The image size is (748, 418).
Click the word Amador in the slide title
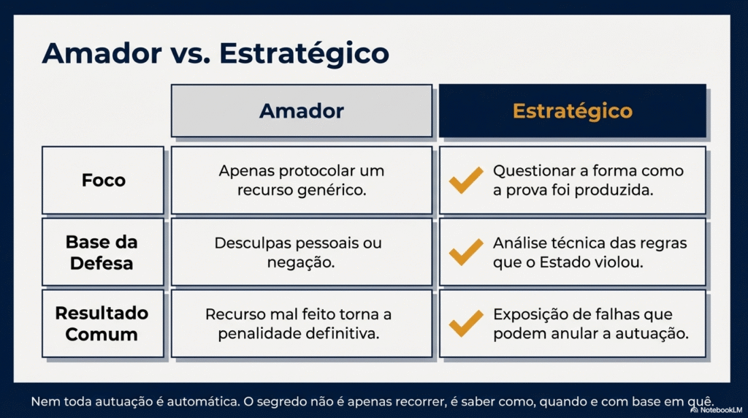102,53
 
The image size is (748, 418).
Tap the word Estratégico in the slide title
305,53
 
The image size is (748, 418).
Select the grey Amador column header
302,110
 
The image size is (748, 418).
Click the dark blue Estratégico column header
573,110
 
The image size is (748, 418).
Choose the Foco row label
103,180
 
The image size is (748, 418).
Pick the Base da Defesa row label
103,252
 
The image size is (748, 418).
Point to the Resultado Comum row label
103,324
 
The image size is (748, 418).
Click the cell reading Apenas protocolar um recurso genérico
302,180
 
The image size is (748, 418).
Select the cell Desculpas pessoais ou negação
302,252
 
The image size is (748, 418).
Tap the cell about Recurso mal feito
302,324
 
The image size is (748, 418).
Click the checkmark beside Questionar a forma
465,180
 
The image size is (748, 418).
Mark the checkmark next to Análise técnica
465,252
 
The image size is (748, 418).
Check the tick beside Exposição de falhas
465,324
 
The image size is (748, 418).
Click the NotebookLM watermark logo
695,410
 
